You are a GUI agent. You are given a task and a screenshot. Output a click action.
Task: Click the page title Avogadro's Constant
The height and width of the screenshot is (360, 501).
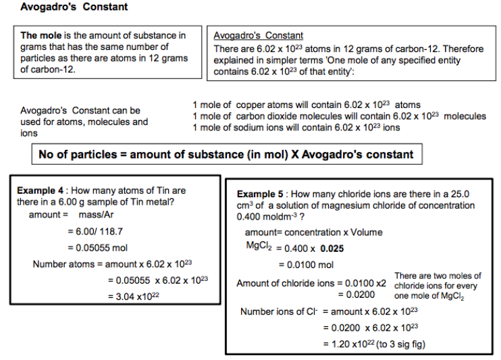74,7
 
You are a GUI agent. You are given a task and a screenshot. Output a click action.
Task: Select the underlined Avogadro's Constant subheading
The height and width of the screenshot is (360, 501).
258,35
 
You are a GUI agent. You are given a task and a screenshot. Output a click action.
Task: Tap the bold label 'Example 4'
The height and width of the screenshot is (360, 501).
40,191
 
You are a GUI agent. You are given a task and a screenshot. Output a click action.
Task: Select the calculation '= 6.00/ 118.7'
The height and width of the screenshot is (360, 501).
95,231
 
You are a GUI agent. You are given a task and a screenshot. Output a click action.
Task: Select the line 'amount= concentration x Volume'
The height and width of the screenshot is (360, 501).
313,232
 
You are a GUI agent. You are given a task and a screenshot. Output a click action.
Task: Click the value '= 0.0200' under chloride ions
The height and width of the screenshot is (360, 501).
356,294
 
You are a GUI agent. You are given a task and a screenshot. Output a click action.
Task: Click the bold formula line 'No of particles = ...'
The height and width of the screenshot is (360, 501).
226,154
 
